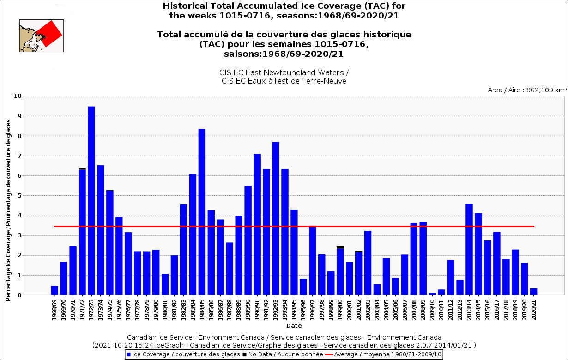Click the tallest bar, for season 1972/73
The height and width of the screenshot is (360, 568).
click(x=91, y=200)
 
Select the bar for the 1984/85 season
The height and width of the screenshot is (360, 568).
click(x=202, y=212)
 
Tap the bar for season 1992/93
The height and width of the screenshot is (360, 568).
click(x=276, y=218)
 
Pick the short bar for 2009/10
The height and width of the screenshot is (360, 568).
click(x=432, y=294)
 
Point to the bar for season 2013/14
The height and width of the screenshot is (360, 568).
click(x=469, y=250)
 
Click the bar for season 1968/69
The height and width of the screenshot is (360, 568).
click(x=54, y=290)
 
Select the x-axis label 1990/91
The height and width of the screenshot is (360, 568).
click(x=257, y=310)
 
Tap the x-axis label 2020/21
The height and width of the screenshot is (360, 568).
click(x=533, y=310)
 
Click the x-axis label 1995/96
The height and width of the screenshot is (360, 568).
click(x=303, y=310)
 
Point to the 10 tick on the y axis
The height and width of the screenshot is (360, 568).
click(x=18, y=96)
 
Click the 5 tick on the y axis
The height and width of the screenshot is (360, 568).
click(x=19, y=196)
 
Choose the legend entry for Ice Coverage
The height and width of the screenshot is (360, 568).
click(x=183, y=354)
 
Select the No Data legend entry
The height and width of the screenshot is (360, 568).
click(x=283, y=354)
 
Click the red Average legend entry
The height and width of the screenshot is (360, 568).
click(x=383, y=354)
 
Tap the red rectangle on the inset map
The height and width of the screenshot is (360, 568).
click(x=49, y=34)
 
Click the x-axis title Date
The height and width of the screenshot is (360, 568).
click(x=294, y=326)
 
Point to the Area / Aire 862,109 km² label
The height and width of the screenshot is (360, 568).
click(x=527, y=90)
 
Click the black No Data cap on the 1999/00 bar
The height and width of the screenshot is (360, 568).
click(x=340, y=247)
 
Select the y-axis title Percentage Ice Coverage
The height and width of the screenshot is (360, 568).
click(x=8, y=210)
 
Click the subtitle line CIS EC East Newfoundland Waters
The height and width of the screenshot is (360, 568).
click(x=284, y=73)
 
